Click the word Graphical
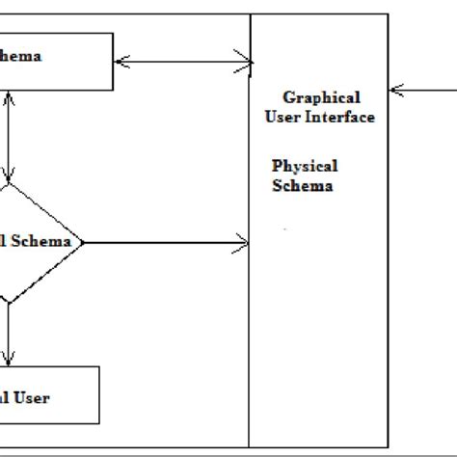[321, 97]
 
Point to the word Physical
[305, 167]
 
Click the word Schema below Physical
[302, 186]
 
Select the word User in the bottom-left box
[31, 397]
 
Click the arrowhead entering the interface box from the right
[394, 92]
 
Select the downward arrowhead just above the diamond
[8, 179]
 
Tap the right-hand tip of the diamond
[84, 242]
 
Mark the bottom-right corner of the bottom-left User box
[99, 422]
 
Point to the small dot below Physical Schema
[284, 228]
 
